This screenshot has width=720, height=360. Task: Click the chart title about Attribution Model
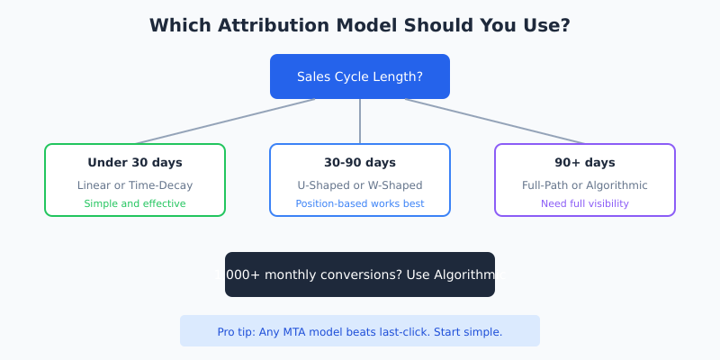[360, 25]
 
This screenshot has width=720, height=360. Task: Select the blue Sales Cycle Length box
[360, 76]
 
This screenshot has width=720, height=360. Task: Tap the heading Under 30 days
[135, 163]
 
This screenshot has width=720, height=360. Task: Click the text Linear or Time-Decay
[135, 185]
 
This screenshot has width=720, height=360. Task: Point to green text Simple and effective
[135, 203]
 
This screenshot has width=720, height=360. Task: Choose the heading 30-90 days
[360, 163]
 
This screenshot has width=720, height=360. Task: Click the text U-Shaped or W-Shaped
[360, 185]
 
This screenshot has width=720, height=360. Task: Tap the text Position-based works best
[360, 203]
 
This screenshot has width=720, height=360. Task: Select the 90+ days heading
[585, 163]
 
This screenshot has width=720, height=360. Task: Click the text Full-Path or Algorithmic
[585, 185]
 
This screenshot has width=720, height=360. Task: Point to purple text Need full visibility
[585, 203]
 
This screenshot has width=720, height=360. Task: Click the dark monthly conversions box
[360, 274]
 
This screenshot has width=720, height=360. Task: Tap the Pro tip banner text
[360, 332]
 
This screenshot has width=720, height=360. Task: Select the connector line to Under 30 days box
[225, 121]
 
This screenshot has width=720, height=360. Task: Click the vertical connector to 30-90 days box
[360, 121]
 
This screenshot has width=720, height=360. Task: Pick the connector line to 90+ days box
[495, 121]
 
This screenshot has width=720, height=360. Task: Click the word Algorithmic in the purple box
[615, 185]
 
